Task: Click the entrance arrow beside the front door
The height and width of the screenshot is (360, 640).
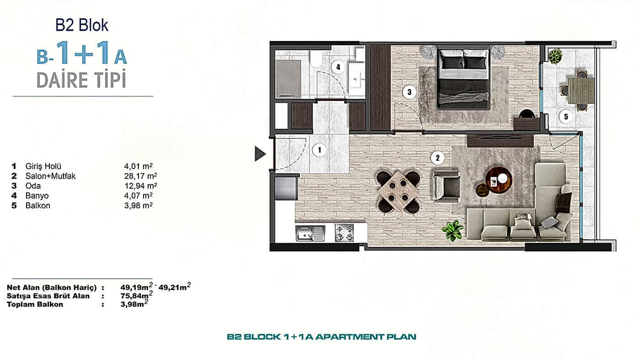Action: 260,154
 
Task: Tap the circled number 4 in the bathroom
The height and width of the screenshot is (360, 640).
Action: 338,67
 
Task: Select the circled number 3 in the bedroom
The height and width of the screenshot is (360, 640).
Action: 410,92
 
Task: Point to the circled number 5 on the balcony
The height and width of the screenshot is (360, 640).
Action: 566,116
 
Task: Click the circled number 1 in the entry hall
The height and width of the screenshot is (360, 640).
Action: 320,150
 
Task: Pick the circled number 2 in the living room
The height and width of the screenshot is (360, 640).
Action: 437,158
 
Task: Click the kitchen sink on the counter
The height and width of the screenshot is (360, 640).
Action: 310,233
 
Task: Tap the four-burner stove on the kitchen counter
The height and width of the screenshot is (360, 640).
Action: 344,233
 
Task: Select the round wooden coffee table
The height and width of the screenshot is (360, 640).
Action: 499,180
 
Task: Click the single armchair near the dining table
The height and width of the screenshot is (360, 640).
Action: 446,185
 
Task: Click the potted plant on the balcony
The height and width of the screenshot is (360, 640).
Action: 555,56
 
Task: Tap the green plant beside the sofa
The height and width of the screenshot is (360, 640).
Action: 453,230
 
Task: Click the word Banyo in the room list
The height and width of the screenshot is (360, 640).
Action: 37,196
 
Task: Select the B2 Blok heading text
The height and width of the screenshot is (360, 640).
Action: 82,25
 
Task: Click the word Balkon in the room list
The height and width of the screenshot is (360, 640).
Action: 37,206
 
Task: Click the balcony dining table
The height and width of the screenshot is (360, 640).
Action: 581,90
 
